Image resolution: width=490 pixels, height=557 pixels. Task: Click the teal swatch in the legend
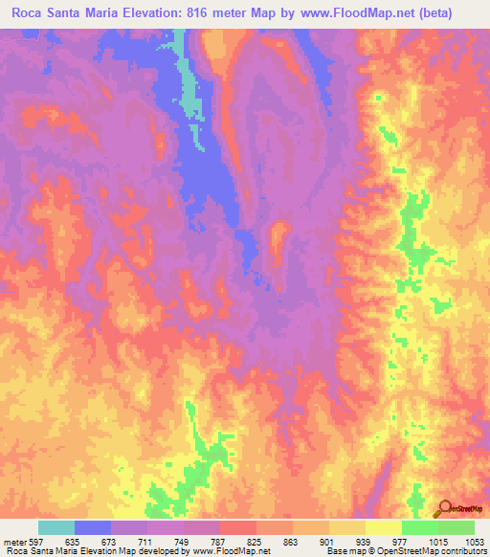point(56,527)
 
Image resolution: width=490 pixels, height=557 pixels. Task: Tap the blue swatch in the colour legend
point(93,527)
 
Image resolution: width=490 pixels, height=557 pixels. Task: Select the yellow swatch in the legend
point(383,527)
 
